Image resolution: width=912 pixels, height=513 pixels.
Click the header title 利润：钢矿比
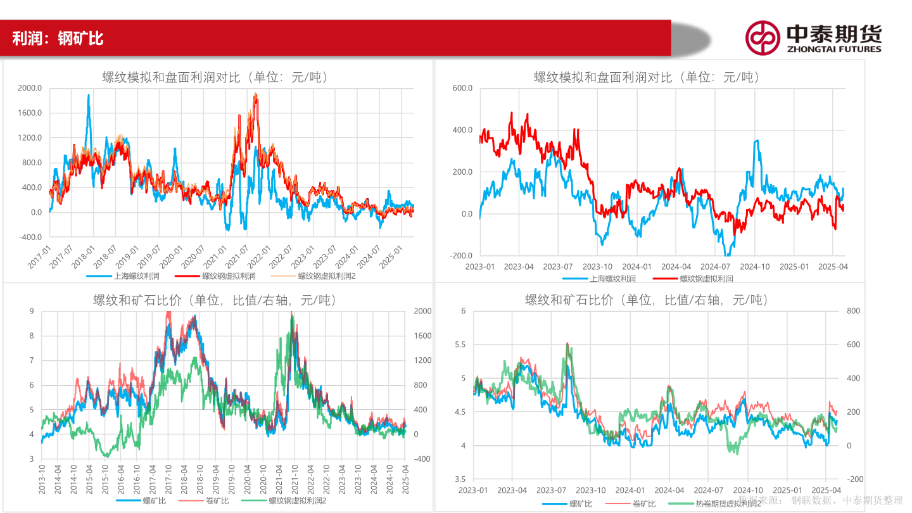coord(58,39)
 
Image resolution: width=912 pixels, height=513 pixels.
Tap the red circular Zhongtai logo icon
coord(762,38)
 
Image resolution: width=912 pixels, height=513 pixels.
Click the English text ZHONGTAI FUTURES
coord(833,49)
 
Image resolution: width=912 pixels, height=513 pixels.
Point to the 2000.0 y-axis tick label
coord(30,88)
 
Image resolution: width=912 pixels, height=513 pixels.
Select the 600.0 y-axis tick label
coord(462,88)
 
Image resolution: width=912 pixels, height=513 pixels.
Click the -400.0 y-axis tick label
coord(29,237)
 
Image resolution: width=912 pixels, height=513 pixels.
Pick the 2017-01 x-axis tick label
coord(42,257)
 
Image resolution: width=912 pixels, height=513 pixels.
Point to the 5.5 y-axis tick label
coord(459,345)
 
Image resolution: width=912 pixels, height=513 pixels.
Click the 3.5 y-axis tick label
coord(459,479)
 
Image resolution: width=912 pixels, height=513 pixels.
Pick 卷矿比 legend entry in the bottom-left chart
coord(217,500)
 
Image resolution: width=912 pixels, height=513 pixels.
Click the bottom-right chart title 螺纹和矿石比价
coord(646,300)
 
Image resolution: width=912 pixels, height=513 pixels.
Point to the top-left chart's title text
coord(215,78)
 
